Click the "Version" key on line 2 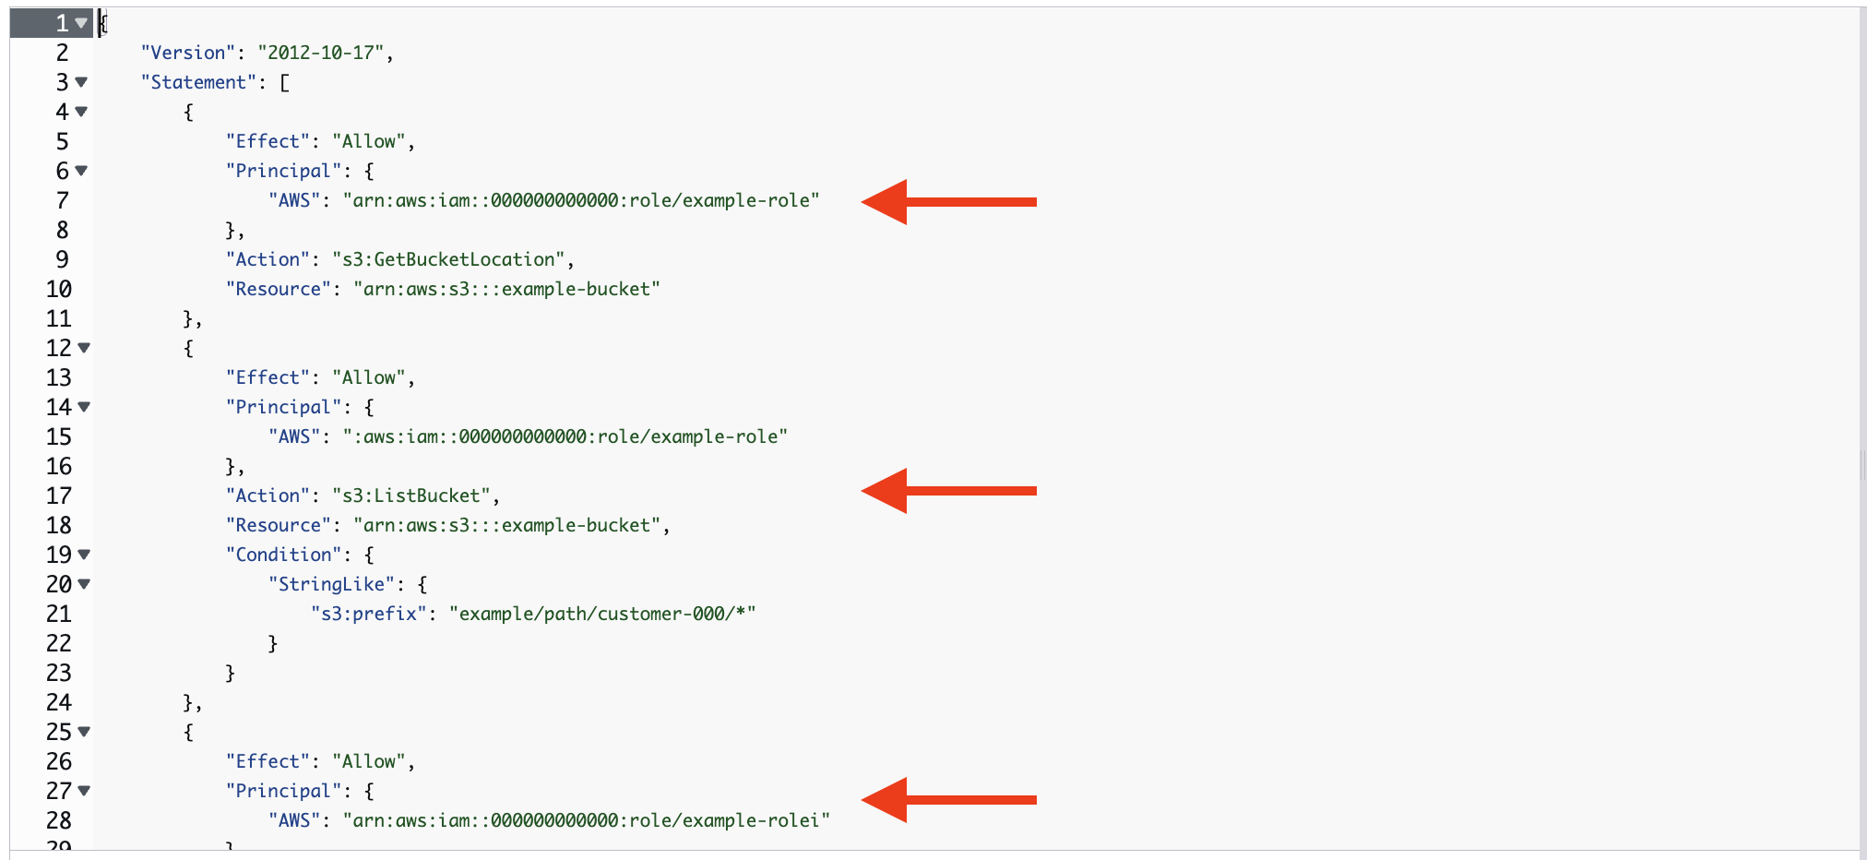tap(187, 53)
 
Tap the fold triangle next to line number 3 tap(81, 82)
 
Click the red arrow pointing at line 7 tap(948, 201)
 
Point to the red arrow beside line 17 tap(948, 491)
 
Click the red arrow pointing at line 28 tap(948, 800)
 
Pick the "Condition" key tap(283, 555)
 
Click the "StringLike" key tap(331, 584)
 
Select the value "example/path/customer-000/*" tap(602, 614)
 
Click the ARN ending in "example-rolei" tap(587, 820)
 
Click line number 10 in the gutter tap(59, 289)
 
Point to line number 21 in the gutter tap(59, 614)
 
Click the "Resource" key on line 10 tap(278, 289)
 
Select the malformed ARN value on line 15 tap(565, 436)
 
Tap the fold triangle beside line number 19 tap(84, 555)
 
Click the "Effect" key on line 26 tap(268, 761)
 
